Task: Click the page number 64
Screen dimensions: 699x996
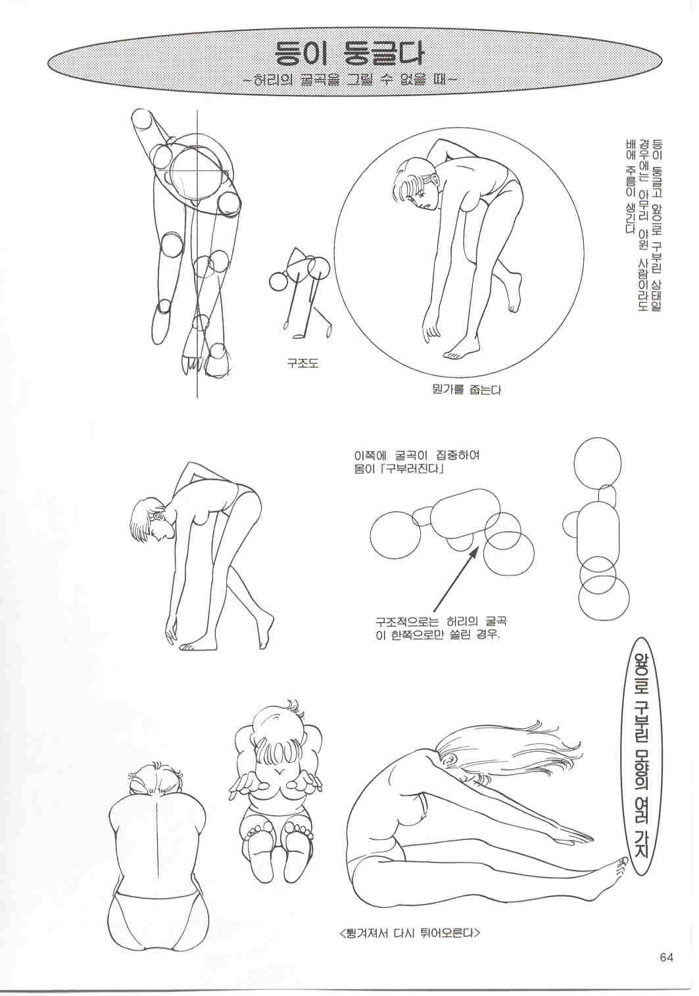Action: click(x=666, y=955)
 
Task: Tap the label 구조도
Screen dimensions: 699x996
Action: click(x=303, y=364)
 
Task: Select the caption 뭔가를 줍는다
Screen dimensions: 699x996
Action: click(x=466, y=390)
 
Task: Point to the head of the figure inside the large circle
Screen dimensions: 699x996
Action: click(x=415, y=183)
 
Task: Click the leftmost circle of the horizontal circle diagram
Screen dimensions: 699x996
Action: click(x=395, y=535)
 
